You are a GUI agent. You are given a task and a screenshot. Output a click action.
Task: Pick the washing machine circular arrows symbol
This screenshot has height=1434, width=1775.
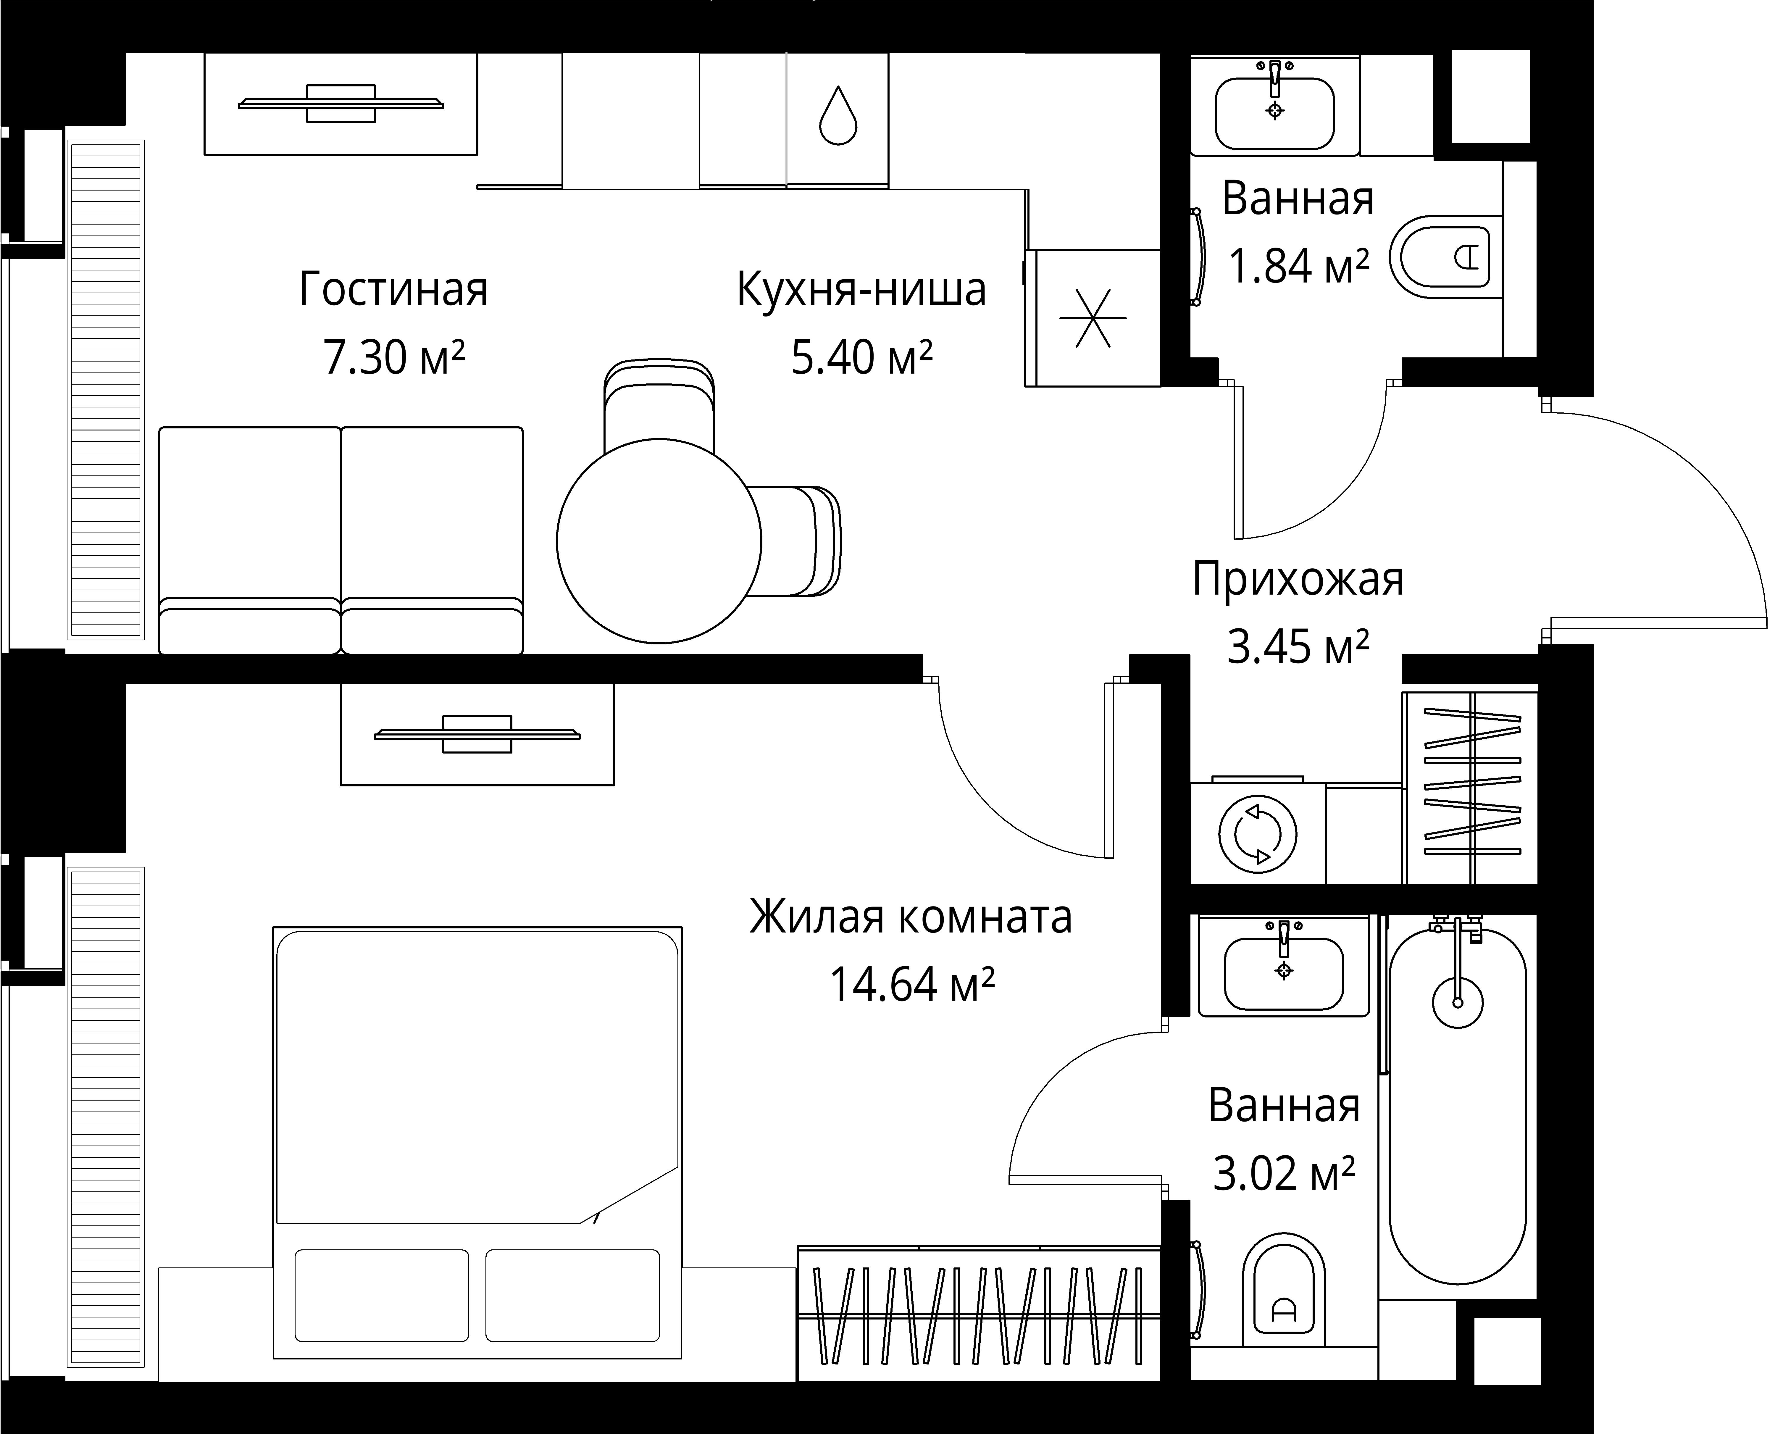[x=1257, y=833]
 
